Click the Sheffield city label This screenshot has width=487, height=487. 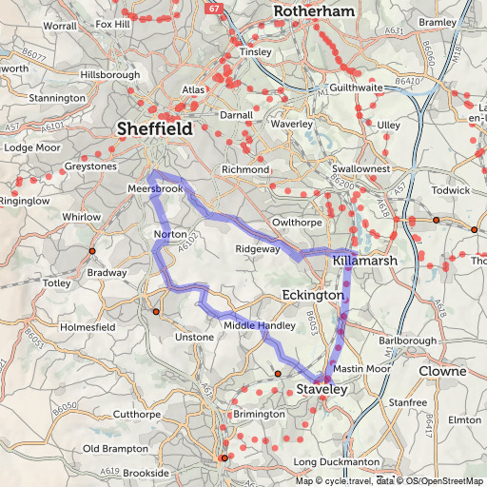coord(154,129)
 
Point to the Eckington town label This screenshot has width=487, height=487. coord(313,296)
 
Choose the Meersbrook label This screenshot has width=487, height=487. coord(154,189)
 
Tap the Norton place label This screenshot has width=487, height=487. coord(169,234)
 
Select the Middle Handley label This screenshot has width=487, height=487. coord(259,325)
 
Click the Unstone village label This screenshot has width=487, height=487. coord(195,338)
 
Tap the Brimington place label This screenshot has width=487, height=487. coord(258,414)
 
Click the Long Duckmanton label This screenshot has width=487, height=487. coord(330,462)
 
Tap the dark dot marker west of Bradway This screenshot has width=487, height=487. coord(92,251)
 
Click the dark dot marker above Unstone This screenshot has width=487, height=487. coord(156,311)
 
